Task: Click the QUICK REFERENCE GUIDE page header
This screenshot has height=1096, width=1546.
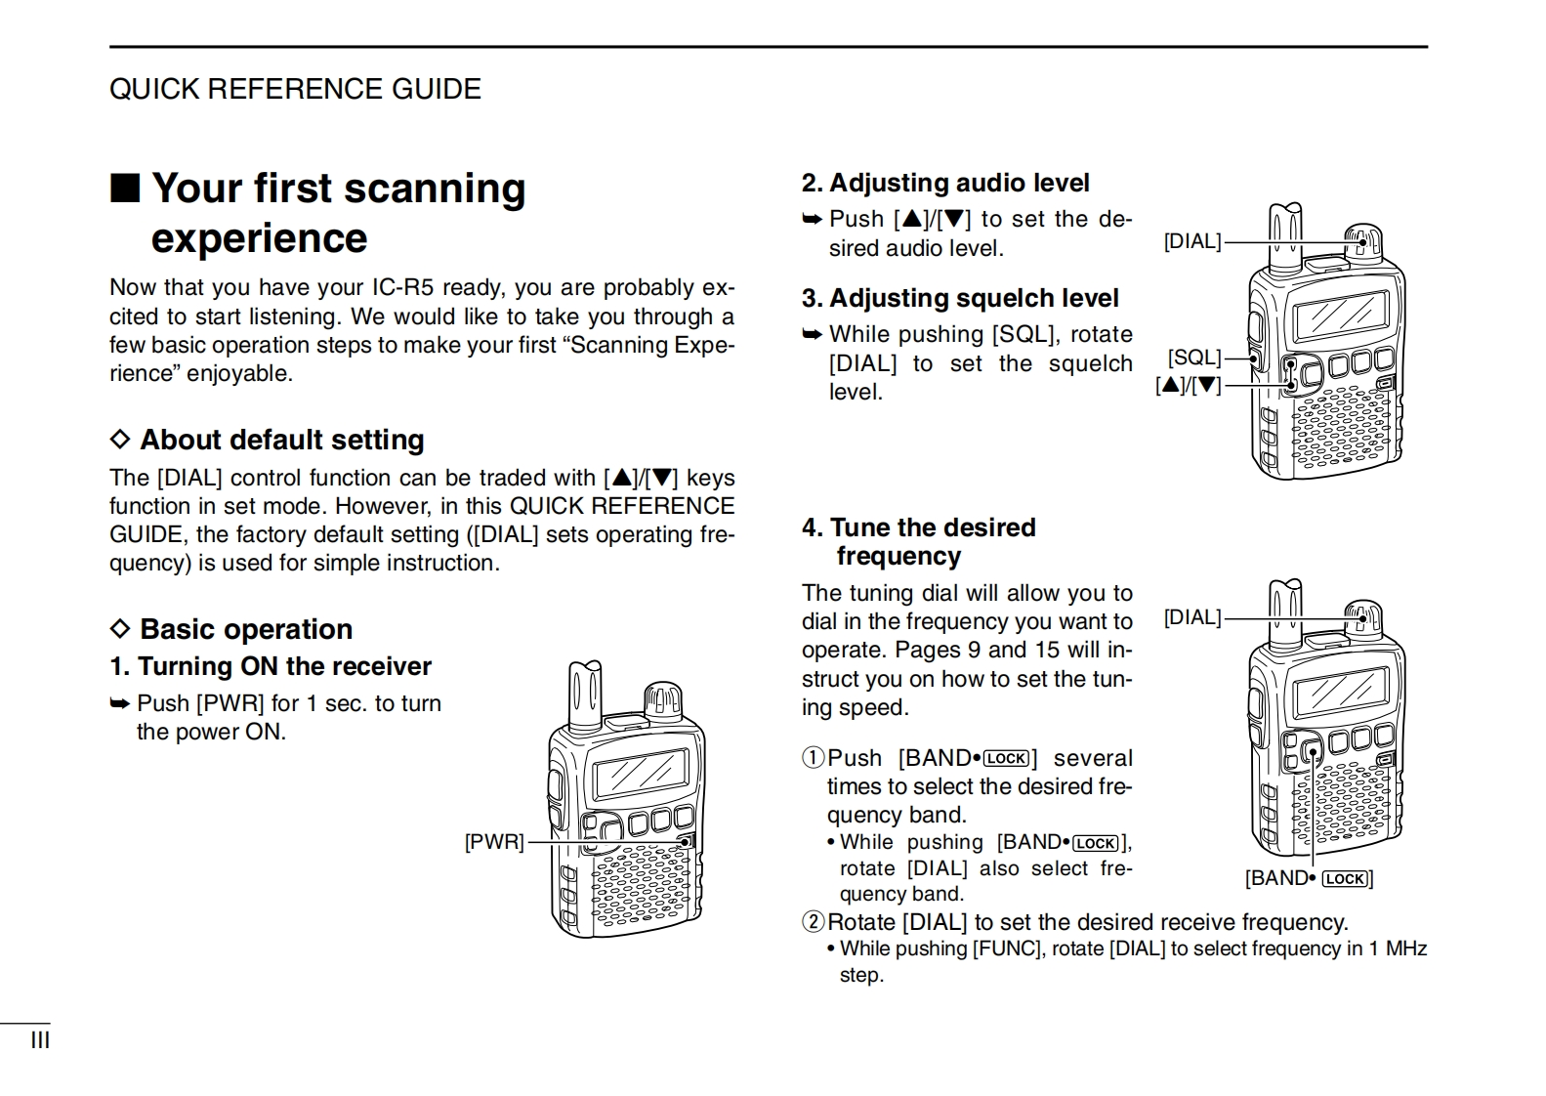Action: [x=295, y=90]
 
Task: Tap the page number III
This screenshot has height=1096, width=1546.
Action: [x=40, y=1040]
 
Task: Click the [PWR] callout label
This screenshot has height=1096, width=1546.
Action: [x=494, y=842]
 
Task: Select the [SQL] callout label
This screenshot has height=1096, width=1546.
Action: [x=1194, y=358]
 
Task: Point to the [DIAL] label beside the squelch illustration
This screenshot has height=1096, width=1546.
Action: [x=1192, y=241]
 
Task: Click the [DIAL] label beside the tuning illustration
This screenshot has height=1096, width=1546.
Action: [x=1192, y=617]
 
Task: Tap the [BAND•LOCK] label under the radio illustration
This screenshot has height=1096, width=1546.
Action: [x=1309, y=878]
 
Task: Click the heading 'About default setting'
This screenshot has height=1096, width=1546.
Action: [x=281, y=440]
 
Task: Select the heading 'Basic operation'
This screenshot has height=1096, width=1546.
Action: [x=245, y=629]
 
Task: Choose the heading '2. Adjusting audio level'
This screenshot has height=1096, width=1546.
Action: [x=944, y=183]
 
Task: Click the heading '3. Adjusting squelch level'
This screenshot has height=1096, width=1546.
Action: [x=959, y=298]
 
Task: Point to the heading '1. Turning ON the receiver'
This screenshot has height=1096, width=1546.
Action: [x=270, y=666]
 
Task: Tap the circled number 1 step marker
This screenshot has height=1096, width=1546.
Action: [x=814, y=759]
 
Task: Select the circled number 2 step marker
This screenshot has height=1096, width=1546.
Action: [x=814, y=922]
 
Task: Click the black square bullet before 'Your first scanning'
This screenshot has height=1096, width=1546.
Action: [x=124, y=188]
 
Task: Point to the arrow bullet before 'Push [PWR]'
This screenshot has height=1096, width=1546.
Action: [x=120, y=704]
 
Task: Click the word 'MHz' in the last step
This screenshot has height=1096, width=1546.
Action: [x=1406, y=948]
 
